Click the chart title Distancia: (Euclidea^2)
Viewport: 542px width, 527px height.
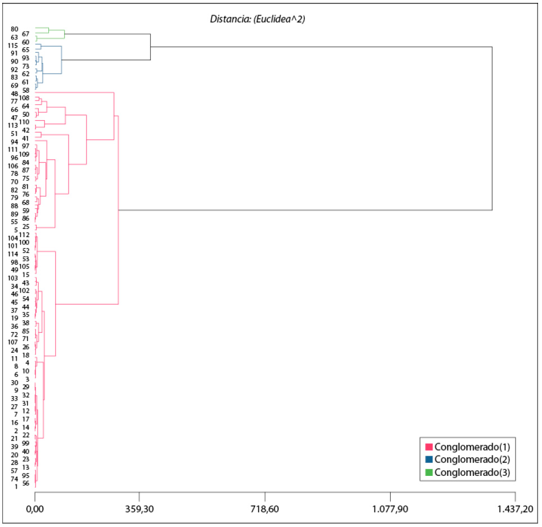[258, 19]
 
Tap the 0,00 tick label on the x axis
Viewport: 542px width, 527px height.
[35, 509]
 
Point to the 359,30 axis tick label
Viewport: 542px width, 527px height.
[139, 509]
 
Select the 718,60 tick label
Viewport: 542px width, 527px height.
[265, 509]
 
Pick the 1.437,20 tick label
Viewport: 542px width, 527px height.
[515, 509]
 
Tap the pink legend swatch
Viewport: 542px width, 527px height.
[429, 447]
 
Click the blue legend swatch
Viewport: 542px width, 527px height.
[429, 460]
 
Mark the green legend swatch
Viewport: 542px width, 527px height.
[429, 473]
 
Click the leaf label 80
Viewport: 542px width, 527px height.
[15, 29]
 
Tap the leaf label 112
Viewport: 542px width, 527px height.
[24, 234]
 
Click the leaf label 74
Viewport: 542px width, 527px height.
[15, 479]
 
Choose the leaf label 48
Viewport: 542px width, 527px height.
[15, 93]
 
